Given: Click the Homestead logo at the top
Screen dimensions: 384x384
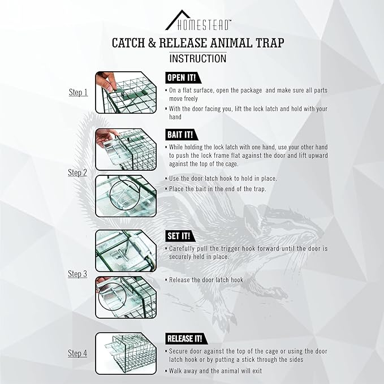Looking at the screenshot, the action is coord(198,20).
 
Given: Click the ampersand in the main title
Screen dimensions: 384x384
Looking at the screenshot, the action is coord(152,43).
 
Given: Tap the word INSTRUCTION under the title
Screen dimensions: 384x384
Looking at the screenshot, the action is coord(198,59).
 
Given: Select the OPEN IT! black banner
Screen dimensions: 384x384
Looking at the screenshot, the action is coord(183,78).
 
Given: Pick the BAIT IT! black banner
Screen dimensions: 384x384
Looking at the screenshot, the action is coord(182,135).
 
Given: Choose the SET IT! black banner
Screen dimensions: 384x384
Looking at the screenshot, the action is coord(180,236).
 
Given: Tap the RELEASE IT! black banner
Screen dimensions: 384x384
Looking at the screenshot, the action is coord(187,339).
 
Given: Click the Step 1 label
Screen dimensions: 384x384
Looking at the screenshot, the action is coord(78,92).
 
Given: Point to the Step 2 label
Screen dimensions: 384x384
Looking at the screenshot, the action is coord(77,172).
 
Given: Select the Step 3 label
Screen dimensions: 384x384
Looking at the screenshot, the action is coord(77,274).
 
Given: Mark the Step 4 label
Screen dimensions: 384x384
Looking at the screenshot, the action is coord(77,353).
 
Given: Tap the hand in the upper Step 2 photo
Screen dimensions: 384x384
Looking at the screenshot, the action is coord(106,137).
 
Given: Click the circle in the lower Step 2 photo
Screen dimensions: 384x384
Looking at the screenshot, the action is coord(110,195).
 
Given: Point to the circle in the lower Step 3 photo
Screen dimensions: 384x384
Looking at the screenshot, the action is coord(99,296).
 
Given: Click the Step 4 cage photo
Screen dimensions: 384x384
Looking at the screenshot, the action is coord(126,353).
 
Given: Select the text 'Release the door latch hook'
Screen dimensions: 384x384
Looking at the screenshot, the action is coord(206,280).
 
